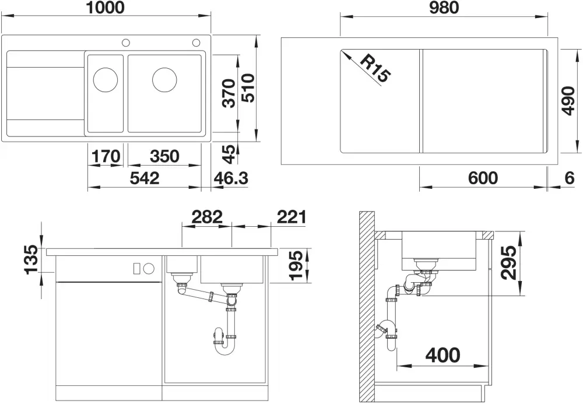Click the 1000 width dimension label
coord(105,8)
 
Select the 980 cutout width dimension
coord(444,8)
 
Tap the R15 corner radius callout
coord(375,69)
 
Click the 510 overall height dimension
coord(248,87)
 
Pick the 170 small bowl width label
coord(106,156)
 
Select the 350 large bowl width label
coord(164,156)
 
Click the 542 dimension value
coord(145,178)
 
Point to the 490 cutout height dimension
coord(568,101)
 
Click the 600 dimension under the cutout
coord(483,178)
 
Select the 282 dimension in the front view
coord(207,217)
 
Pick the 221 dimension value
coord(292,217)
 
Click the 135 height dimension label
coord(31,260)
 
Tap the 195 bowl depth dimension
coord(297,265)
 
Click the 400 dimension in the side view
coord(443,355)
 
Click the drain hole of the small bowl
coord(105,79)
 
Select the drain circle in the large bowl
coord(164,79)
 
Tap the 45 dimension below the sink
coord(229,154)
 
